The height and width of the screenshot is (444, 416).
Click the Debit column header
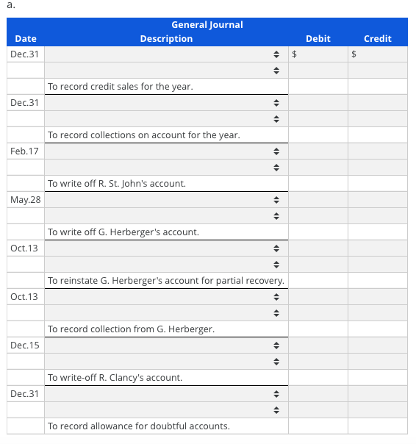coord(318,38)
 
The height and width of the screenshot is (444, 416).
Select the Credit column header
coord(378,38)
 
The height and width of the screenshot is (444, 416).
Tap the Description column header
coord(166,38)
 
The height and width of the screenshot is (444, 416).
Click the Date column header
coord(25,38)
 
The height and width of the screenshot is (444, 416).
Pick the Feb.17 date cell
coord(25,151)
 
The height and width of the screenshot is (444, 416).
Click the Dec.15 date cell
coord(25,345)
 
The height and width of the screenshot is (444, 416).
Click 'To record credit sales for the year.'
coord(121,87)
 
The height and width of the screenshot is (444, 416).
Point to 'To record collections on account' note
coord(143,135)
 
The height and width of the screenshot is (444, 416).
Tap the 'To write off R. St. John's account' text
coord(116,184)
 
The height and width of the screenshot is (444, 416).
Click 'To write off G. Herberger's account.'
coord(123,232)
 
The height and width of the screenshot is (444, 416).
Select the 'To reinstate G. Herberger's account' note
coord(166,281)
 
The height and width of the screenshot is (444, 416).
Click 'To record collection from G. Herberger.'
coord(131,329)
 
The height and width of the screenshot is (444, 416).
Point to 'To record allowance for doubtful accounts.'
coord(138,426)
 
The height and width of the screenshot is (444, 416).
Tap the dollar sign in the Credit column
coord(354,54)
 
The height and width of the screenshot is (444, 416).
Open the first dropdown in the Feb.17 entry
coord(166,151)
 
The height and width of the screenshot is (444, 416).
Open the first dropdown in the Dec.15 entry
coord(166,345)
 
